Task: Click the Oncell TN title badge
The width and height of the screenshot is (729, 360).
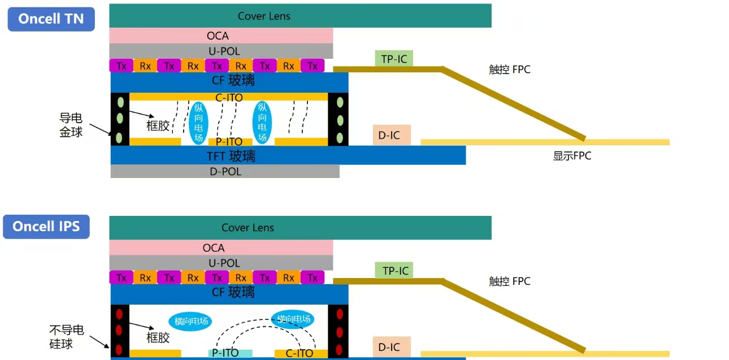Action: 51,19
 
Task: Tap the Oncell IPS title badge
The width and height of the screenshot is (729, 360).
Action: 46,227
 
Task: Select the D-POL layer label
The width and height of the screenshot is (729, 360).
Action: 225,171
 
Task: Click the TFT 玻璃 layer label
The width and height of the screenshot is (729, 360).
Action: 231,156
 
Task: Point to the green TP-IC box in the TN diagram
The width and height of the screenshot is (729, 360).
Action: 394,58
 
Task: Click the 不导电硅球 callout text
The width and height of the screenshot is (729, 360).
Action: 67,337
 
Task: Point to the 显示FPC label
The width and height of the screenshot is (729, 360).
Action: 572,156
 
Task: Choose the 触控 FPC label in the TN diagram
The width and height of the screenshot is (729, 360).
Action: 509,70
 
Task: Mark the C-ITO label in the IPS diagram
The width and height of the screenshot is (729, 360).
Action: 300,353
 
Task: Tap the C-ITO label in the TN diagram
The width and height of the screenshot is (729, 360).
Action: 229,97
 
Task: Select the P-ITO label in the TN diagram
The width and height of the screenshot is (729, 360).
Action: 229,142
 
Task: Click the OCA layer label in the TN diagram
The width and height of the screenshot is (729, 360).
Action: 218,36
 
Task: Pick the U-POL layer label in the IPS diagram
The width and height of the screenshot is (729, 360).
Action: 224,263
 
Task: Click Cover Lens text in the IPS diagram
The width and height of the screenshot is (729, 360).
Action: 248,228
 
